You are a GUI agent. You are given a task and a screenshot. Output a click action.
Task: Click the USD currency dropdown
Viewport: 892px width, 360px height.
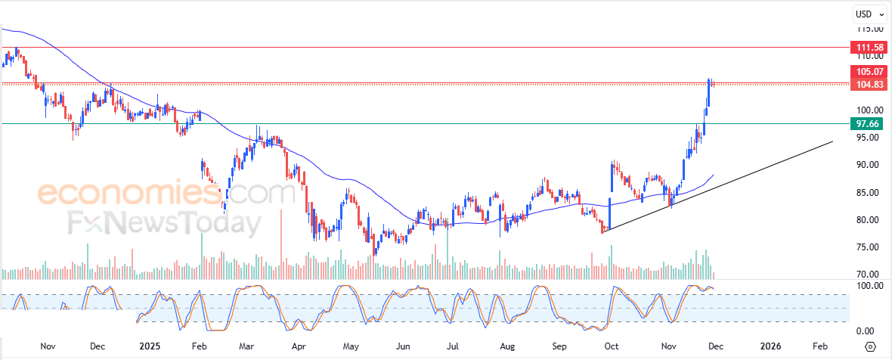pyautogui.click(x=866, y=14)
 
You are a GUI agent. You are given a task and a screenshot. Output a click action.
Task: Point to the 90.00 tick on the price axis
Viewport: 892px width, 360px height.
pyautogui.click(x=866, y=165)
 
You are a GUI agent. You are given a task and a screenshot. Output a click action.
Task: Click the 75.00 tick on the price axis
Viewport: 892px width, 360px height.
pyautogui.click(x=866, y=247)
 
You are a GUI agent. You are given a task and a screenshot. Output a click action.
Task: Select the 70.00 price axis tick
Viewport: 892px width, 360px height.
pyautogui.click(x=866, y=275)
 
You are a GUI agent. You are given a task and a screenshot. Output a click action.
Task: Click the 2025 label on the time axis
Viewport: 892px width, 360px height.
pyautogui.click(x=150, y=346)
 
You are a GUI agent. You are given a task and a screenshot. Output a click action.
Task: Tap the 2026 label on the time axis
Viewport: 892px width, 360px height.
pyautogui.click(x=770, y=346)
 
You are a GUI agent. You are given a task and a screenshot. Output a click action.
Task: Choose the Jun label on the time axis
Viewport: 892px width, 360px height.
pyautogui.click(x=403, y=346)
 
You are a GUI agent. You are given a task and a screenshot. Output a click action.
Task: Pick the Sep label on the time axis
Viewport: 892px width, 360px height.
pyautogui.click(x=559, y=346)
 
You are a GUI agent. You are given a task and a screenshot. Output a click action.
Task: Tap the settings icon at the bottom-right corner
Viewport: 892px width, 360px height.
pyautogui.click(x=870, y=346)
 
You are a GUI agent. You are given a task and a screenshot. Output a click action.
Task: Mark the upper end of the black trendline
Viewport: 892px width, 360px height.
pyautogui.click(x=833, y=141)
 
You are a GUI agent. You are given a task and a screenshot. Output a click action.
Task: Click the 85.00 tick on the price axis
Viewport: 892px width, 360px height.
pyautogui.click(x=866, y=193)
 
